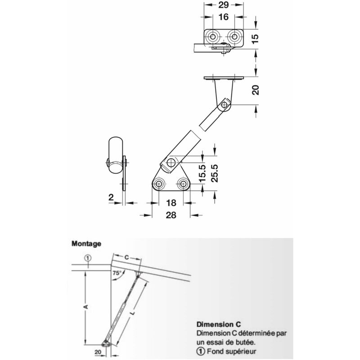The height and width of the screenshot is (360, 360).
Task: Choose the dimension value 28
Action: coord(171,216)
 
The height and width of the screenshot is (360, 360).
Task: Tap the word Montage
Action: coord(86,243)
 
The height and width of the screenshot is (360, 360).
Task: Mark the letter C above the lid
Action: coord(127,257)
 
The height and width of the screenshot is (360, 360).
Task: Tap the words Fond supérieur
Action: coord(229,351)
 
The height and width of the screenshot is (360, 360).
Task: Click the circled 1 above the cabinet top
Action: coord(88,258)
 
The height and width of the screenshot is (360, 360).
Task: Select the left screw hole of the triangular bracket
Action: coord(159,184)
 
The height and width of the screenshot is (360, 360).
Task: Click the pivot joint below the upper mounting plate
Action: coord(224,106)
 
